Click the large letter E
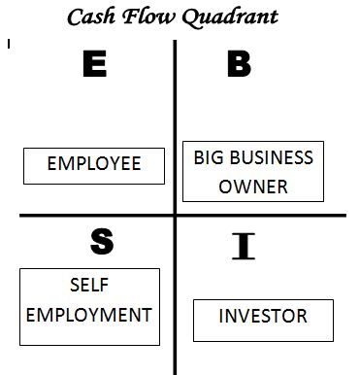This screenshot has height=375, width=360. [x=94, y=65]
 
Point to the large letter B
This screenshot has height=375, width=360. [x=238, y=65]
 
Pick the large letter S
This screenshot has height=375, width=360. [x=101, y=243]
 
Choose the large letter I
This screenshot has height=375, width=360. [x=244, y=248]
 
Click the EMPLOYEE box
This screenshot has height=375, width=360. [x=94, y=164]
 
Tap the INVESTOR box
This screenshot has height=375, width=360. [x=263, y=320]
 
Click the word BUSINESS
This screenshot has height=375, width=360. [x=274, y=157]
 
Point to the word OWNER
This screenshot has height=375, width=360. [x=253, y=187]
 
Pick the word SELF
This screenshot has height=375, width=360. [x=88, y=286]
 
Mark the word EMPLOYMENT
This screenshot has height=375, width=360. [x=88, y=315]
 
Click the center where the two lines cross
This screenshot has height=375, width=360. [x=176, y=215]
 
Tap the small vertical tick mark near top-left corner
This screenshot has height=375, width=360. [x=8, y=44]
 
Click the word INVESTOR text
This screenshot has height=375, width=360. [x=263, y=317]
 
